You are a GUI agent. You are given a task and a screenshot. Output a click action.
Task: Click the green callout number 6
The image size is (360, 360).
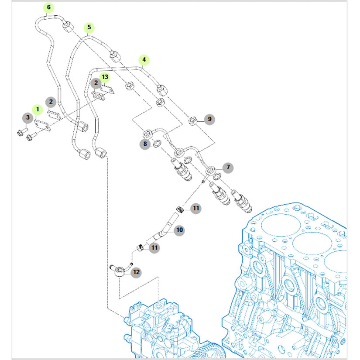pyautogui.click(x=48, y=7)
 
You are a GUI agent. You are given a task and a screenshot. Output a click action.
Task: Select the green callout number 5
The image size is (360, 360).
pyautogui.click(x=89, y=27)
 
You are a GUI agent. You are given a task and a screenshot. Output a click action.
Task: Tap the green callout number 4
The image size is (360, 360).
pyautogui.click(x=144, y=60)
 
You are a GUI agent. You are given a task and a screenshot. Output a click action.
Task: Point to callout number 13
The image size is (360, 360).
pyautogui.click(x=105, y=77)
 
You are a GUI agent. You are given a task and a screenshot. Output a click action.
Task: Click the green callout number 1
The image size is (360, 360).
pyautogui.click(x=38, y=109)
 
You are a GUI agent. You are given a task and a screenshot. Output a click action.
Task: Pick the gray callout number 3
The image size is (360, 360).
pyautogui.click(x=27, y=117)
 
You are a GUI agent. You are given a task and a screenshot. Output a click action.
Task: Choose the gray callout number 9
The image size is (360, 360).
pyautogui.click(x=209, y=119)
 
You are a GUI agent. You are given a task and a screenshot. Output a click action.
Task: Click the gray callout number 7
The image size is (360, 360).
pyautogui.click(x=227, y=167)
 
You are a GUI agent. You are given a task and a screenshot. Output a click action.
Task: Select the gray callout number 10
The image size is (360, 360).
pyautogui.click(x=179, y=230)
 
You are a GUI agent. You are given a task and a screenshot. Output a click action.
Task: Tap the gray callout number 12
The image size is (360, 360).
pyautogui.click(x=137, y=272)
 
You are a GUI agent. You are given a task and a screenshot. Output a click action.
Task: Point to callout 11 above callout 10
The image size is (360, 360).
pyautogui.click(x=196, y=208)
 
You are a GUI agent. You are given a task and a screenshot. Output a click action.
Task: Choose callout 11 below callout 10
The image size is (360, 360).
pyautogui.click(x=154, y=248)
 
